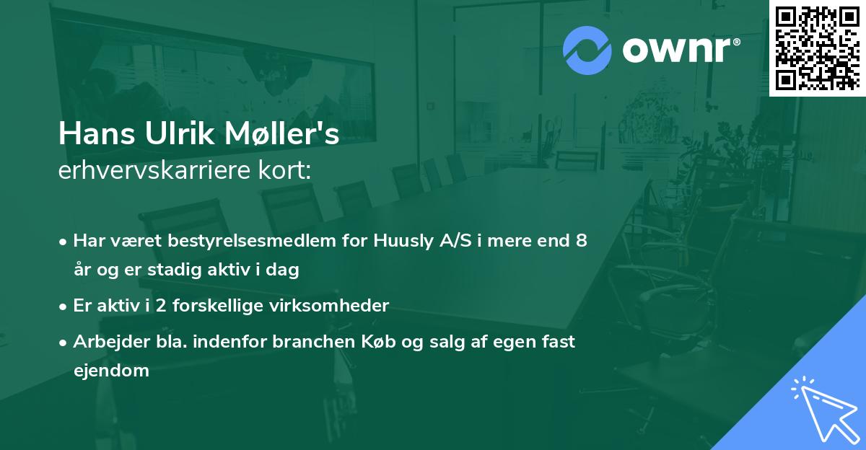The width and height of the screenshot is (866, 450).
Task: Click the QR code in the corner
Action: coord(817,48)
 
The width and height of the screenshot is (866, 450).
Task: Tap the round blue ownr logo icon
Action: coord(591,50)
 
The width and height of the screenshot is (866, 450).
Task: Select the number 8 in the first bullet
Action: coord(581,241)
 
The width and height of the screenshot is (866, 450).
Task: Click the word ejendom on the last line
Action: coord(111,371)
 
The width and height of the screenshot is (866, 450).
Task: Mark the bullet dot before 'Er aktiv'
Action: coord(64,306)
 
